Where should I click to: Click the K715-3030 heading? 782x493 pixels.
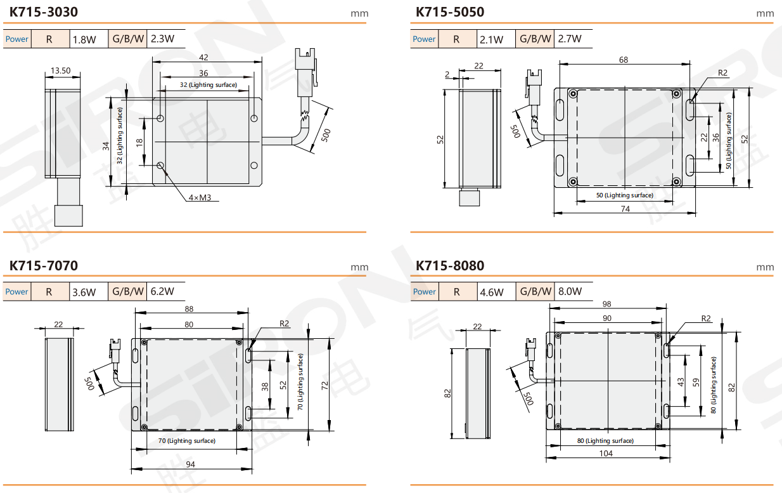click(44, 11)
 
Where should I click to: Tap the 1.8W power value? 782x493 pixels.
click(84, 39)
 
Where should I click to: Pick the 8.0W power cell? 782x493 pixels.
click(570, 293)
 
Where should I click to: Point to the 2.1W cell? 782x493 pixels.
click(491, 39)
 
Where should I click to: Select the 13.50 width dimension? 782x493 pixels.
click(61, 70)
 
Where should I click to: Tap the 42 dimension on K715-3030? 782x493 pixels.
click(203, 58)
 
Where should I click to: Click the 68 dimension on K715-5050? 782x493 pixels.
click(624, 60)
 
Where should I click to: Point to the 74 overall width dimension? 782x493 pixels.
click(625, 209)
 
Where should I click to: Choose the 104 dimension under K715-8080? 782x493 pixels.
click(606, 454)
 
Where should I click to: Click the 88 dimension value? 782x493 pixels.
click(189, 309)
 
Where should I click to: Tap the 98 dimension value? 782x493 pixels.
click(607, 304)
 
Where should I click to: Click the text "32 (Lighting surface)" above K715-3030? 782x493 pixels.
click(208, 85)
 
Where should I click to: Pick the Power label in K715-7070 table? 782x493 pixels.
click(17, 292)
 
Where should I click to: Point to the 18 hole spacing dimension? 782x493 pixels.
click(140, 141)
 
